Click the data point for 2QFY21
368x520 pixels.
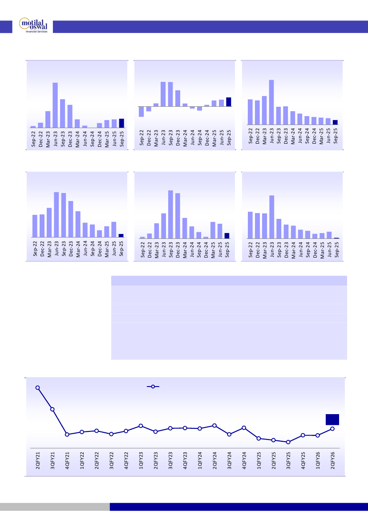[x=38, y=387]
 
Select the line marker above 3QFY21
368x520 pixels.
[x=53, y=409]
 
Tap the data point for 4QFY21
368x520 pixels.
[x=67, y=434]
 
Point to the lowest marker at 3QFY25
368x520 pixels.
[x=288, y=442]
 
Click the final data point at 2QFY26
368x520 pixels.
[x=332, y=428]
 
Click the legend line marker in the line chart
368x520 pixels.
[x=153, y=387]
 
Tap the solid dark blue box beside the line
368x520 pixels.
[x=332, y=419]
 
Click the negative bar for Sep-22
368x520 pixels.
[x=142, y=112]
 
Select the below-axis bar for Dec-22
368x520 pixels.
[x=149, y=109]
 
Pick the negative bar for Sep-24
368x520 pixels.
[x=200, y=109]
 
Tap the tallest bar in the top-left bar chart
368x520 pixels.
[x=55, y=105]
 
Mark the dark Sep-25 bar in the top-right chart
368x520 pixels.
[x=335, y=122]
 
